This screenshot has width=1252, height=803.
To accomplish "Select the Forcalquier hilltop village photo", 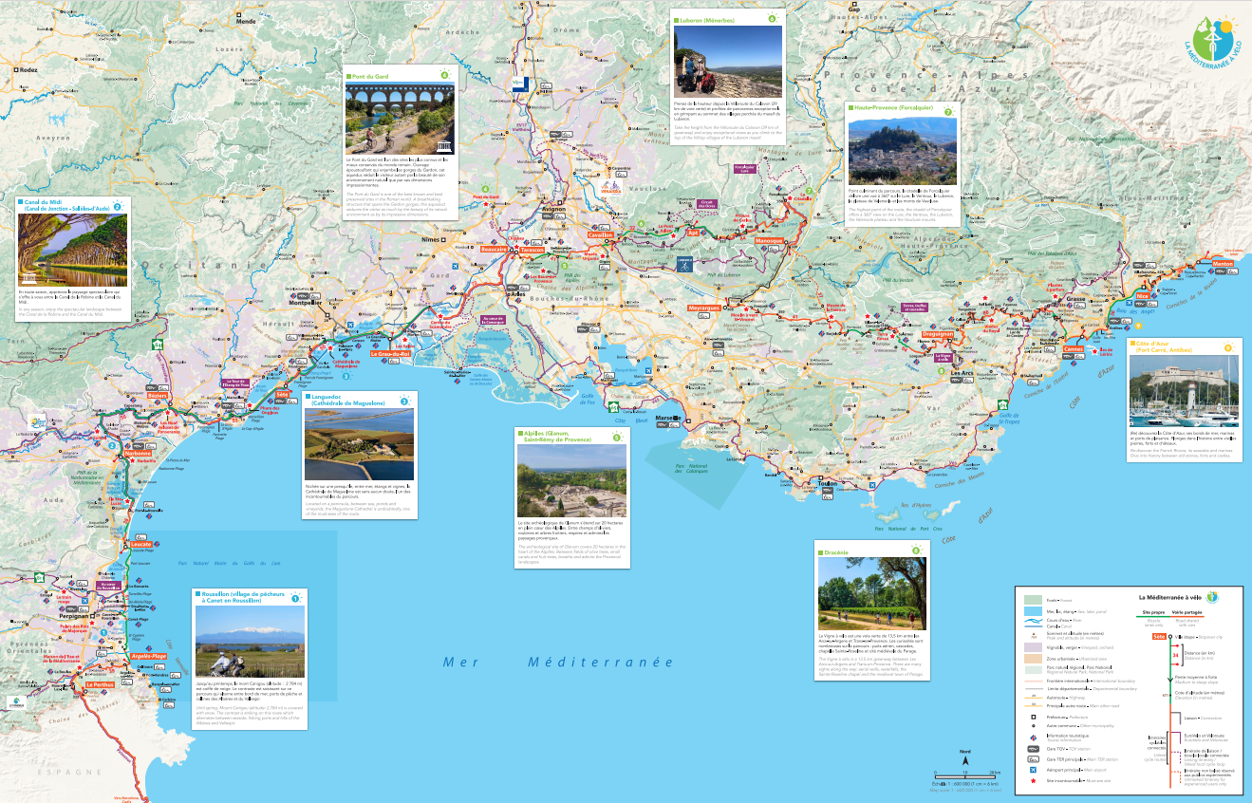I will (902, 151).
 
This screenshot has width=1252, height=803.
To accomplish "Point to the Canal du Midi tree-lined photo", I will (72, 250).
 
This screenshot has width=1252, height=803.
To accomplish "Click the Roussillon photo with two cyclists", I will (250, 642).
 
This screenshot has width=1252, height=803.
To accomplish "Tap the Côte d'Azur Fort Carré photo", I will (1184, 391).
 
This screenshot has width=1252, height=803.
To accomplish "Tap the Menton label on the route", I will (1223, 264).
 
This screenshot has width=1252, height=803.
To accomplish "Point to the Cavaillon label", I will (602, 235).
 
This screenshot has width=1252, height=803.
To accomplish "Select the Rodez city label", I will (28, 70).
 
